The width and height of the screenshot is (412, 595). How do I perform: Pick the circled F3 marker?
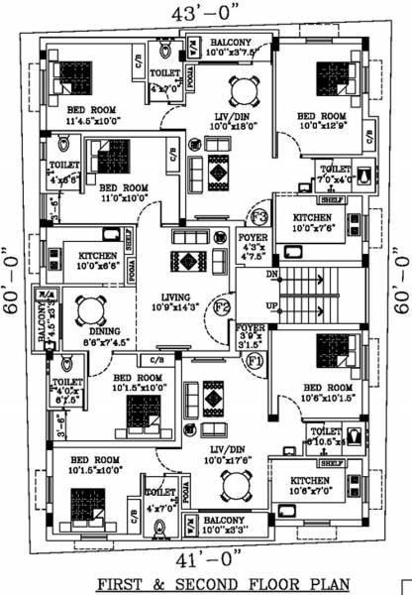(258, 215)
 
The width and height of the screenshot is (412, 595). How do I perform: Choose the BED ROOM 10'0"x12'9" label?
(323, 119)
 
